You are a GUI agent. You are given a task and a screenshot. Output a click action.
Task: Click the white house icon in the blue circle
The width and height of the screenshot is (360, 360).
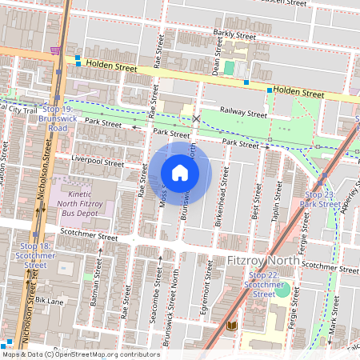point(180,173)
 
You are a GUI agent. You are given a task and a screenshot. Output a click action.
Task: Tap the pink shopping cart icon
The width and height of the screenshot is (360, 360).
point(55,50)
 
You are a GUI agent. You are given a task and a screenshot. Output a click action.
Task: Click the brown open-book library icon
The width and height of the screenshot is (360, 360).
point(232,326)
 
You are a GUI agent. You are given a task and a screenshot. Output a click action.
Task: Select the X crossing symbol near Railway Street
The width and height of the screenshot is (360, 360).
point(197,118)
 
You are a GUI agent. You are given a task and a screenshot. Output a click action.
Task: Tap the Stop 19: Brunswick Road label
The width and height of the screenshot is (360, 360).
point(54,118)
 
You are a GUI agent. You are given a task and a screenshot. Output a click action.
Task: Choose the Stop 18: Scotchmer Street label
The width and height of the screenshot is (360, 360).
point(35,255)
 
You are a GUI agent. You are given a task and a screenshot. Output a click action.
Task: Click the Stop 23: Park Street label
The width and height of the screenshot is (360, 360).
point(321,198)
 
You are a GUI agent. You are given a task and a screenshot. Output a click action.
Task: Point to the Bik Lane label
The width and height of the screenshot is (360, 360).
point(49,301)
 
